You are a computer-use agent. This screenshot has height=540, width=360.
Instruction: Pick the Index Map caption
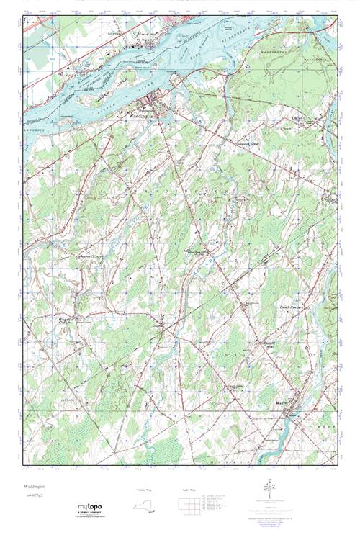189,490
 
